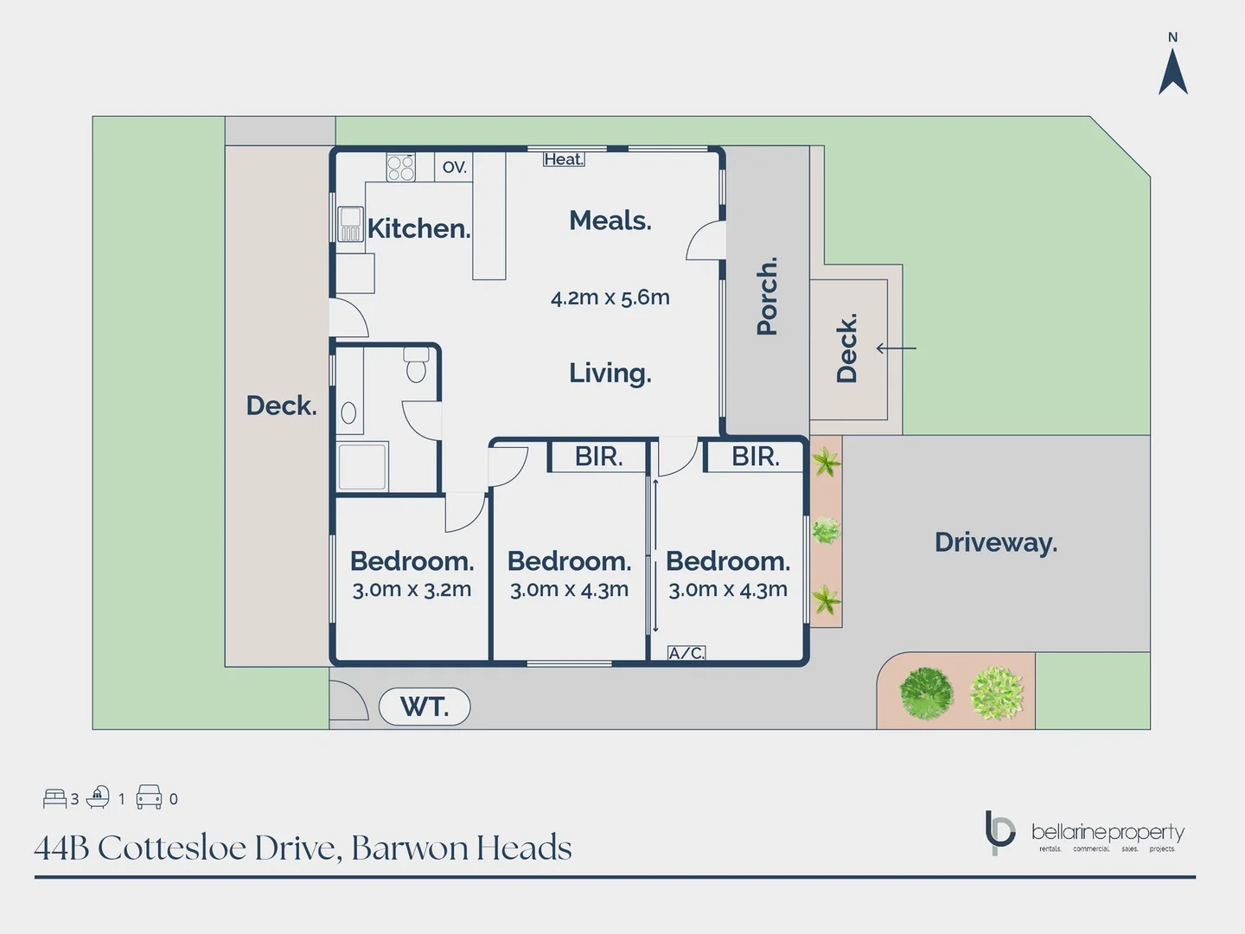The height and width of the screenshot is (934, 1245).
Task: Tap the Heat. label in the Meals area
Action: (x=564, y=159)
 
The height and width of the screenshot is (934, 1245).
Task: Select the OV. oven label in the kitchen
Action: (x=454, y=167)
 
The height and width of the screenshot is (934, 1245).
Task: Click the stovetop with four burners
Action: (x=400, y=167)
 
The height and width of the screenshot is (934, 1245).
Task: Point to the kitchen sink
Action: (x=350, y=223)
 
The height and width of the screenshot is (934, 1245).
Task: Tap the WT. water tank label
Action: (x=425, y=707)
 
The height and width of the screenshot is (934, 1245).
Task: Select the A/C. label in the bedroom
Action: (x=686, y=653)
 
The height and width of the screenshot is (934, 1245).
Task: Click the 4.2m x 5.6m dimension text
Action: (x=610, y=297)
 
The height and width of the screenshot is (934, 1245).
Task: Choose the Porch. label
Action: (x=767, y=295)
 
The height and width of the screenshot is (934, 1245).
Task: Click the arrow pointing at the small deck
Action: (x=896, y=349)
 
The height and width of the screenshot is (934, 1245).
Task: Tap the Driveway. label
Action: (x=996, y=542)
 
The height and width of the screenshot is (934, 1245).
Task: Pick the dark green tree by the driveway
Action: (x=926, y=693)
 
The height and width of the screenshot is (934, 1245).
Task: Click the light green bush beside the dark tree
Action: (x=997, y=693)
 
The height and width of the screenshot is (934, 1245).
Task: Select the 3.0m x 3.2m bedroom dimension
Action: (x=412, y=590)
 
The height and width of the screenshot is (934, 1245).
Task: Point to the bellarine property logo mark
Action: (x=999, y=832)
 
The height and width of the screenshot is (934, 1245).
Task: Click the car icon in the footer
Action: (x=149, y=796)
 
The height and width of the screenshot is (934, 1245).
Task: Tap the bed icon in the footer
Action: (x=54, y=797)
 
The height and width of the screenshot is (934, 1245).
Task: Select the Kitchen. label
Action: (x=418, y=228)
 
